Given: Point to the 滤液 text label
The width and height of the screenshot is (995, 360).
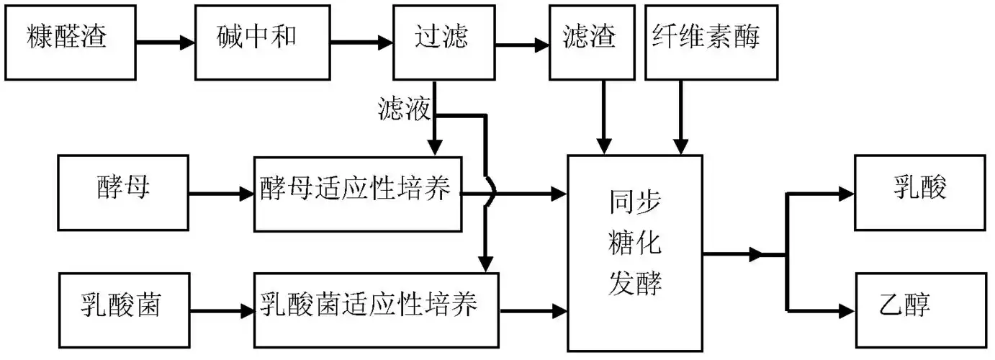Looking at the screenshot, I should (x=404, y=109).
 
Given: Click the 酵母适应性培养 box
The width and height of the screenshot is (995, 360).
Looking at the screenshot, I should (x=357, y=193).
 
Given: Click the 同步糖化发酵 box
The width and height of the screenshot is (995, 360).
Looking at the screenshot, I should (x=635, y=253).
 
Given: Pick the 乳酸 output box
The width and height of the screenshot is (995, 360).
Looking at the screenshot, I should (x=919, y=192).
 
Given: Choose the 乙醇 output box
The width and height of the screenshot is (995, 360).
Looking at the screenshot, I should (x=919, y=309).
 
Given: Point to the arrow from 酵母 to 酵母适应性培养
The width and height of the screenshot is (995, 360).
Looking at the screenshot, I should (x=220, y=193).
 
